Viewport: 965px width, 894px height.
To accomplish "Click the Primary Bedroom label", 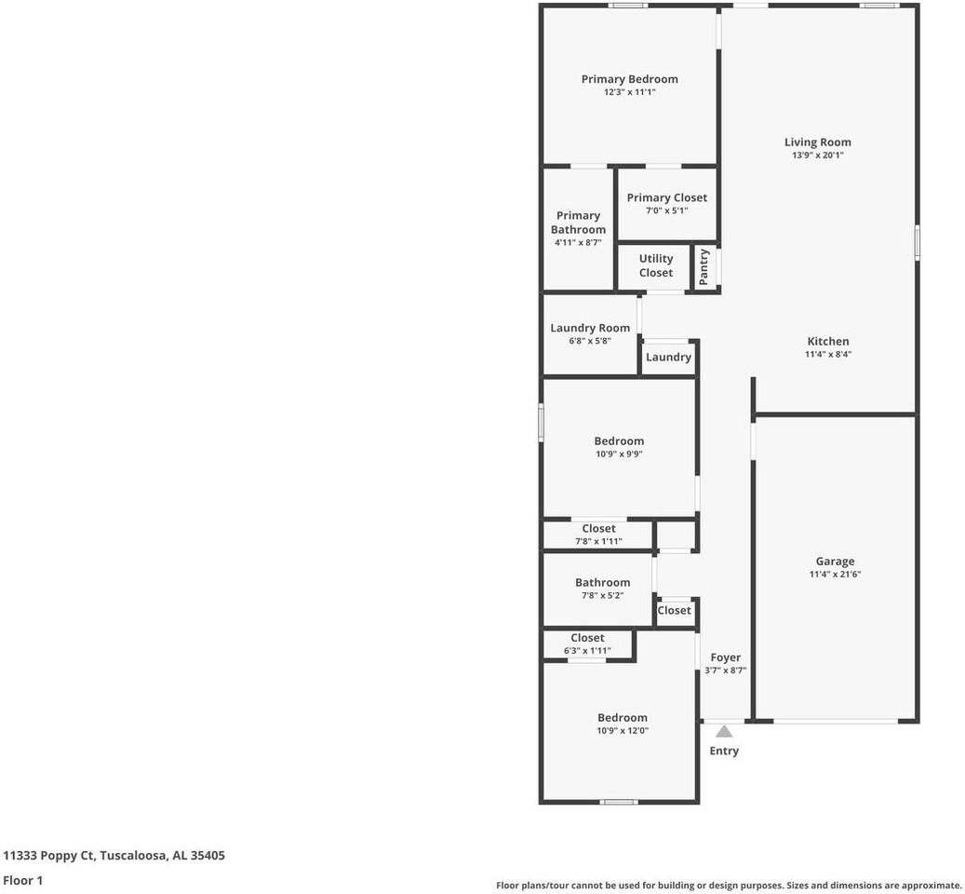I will pyautogui.click(x=629, y=79).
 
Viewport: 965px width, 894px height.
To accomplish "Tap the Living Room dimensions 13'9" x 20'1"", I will pyautogui.click(x=817, y=156).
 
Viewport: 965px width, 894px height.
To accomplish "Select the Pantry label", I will pyautogui.click(x=704, y=266).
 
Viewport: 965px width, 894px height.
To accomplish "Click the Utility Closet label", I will pyautogui.click(x=656, y=265).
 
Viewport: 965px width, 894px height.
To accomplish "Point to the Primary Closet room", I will pyautogui.click(x=666, y=203).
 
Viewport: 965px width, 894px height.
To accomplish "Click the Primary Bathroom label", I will pyautogui.click(x=578, y=223).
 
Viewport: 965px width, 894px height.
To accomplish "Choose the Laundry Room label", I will pyautogui.click(x=590, y=328).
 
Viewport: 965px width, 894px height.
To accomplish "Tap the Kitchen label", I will pyautogui.click(x=827, y=341).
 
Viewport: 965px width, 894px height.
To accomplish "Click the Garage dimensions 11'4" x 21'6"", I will pyautogui.click(x=835, y=575).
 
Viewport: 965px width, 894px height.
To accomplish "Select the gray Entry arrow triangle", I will pyautogui.click(x=724, y=731).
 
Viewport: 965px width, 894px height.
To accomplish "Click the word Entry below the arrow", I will pyautogui.click(x=724, y=751).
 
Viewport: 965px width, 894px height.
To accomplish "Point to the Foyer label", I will pyautogui.click(x=725, y=657).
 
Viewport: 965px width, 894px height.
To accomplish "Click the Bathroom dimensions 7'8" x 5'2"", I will pyautogui.click(x=602, y=595).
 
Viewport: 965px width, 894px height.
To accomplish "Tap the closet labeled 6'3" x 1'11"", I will pyautogui.click(x=587, y=643).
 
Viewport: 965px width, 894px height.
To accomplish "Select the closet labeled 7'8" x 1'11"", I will pyautogui.click(x=598, y=535).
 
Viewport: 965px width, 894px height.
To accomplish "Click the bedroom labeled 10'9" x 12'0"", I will pyautogui.click(x=622, y=724).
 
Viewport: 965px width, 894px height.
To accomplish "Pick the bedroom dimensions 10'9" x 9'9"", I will pyautogui.click(x=619, y=454).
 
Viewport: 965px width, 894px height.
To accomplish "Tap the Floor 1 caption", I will pyautogui.click(x=23, y=880).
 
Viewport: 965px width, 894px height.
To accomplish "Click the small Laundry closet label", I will pyautogui.click(x=668, y=357).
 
